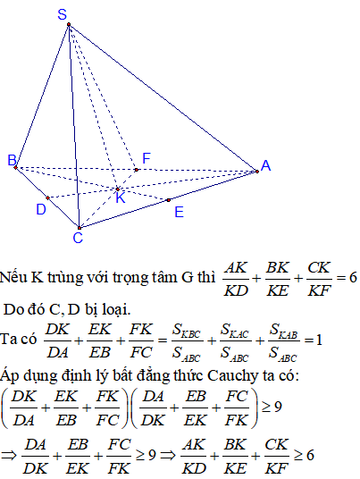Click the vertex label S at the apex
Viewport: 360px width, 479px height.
[x=63, y=14]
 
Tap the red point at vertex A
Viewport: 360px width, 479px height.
[x=257, y=172]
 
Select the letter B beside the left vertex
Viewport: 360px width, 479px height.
[x=12, y=160]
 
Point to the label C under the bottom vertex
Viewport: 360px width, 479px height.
[x=78, y=238]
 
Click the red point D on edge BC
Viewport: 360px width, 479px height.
[x=47, y=198]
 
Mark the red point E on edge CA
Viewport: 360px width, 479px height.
[x=169, y=200]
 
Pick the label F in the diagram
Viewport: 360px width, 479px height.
[x=147, y=158]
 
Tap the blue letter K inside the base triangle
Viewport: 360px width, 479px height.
[x=121, y=198]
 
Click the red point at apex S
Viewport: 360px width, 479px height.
[x=69, y=24]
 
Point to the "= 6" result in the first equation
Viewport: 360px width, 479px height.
[x=347, y=278]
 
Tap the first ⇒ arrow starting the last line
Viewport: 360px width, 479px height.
[x=9, y=456]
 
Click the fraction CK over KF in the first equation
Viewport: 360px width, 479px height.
[x=319, y=279]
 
